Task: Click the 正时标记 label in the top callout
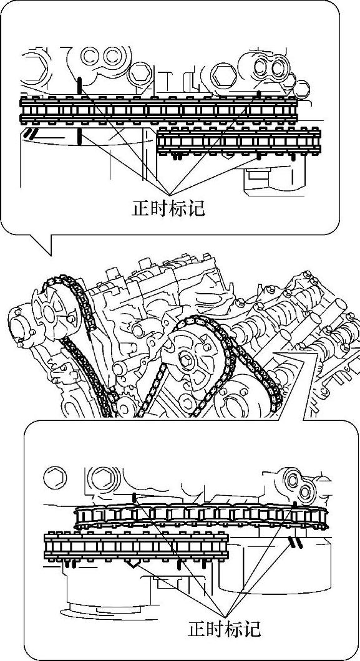169,208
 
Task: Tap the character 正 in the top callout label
141,208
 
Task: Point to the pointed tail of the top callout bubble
51,254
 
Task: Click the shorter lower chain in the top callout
238,141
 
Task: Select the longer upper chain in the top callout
158,110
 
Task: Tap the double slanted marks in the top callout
31,134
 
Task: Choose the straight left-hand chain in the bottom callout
136,547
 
